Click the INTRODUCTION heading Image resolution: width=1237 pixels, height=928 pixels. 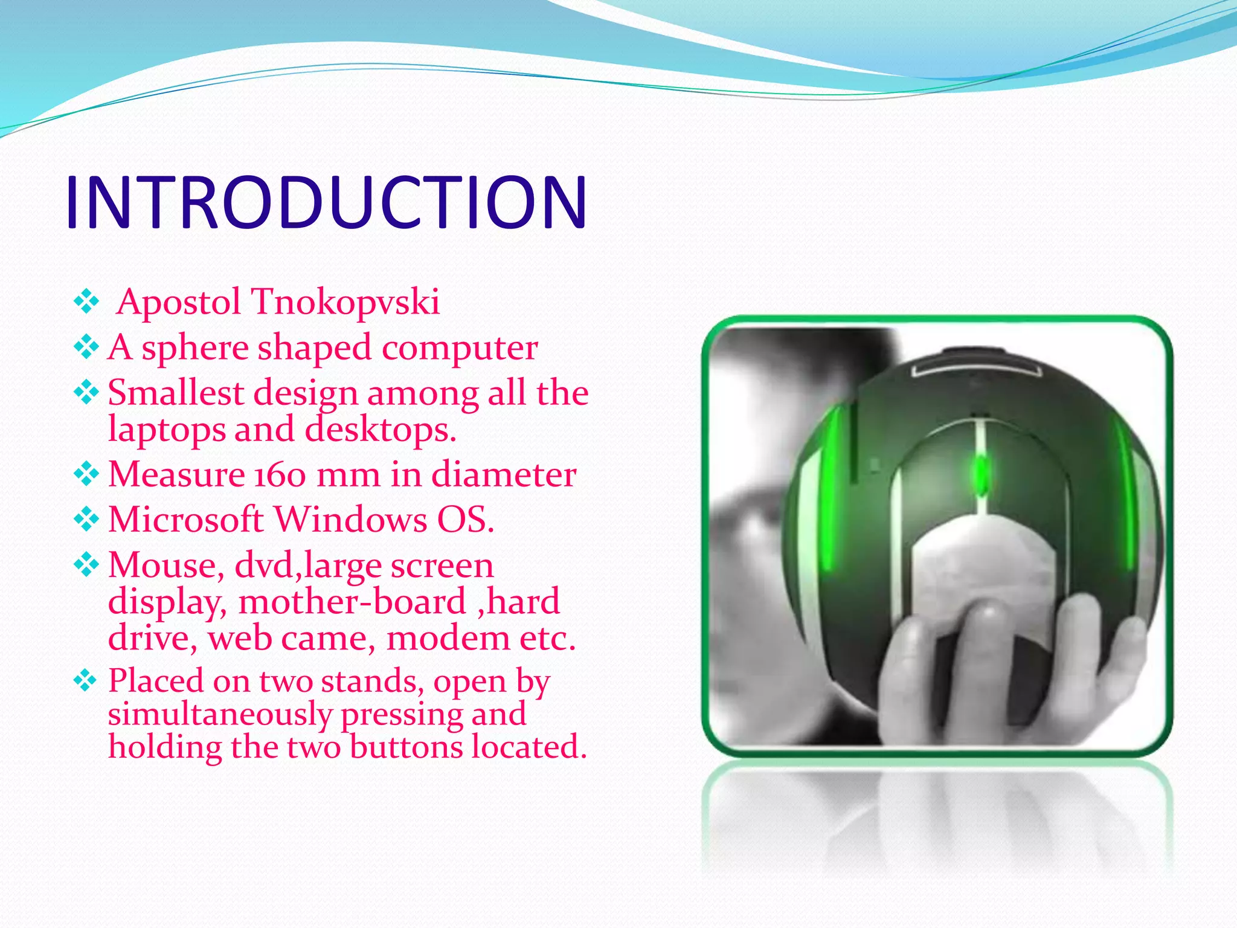pyautogui.click(x=326, y=202)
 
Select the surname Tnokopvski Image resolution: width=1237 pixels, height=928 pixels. pyautogui.click(x=345, y=302)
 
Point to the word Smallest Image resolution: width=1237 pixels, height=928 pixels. pyautogui.click(x=176, y=393)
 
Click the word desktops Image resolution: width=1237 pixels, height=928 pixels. pyautogui.click(x=380, y=430)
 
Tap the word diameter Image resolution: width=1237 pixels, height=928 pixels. pyautogui.click(x=504, y=474)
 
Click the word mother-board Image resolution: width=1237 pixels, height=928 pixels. pyautogui.click(x=352, y=602)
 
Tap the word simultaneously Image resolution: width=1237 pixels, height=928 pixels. pyautogui.click(x=220, y=715)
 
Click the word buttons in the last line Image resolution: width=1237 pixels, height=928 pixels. pyautogui.click(x=406, y=747)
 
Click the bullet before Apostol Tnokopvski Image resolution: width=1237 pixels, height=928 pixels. pyautogui.click(x=86, y=301)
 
